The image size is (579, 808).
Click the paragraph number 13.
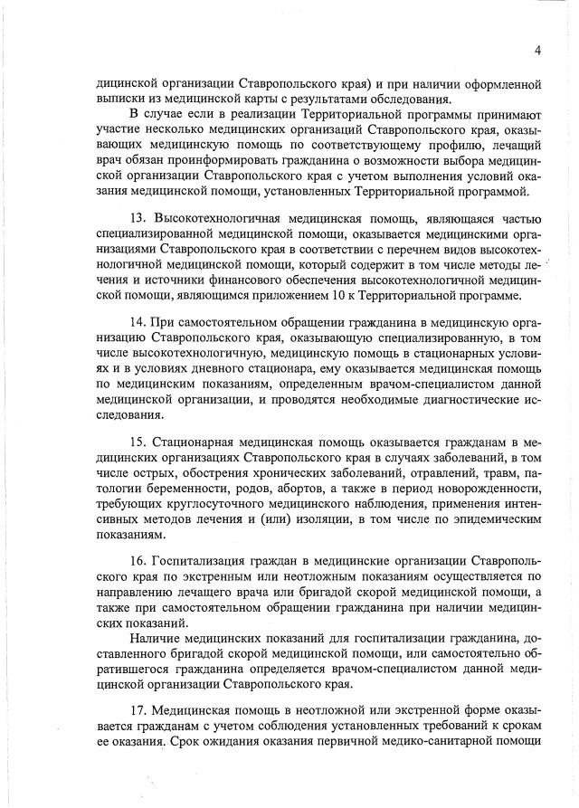point(138,220)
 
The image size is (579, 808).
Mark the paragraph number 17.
point(138,712)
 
